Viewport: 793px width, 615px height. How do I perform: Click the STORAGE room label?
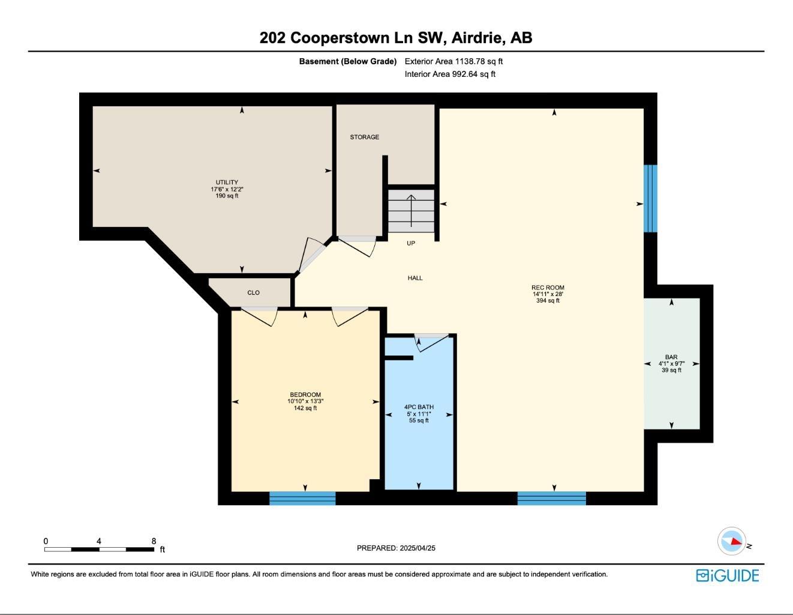click(364, 137)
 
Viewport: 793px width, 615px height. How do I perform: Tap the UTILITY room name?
click(227, 183)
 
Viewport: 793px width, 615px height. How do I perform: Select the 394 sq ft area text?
click(548, 301)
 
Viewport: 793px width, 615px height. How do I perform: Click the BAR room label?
click(671, 357)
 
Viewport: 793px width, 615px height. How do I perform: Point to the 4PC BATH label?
click(419, 407)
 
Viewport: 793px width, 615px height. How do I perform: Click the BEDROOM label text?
click(305, 395)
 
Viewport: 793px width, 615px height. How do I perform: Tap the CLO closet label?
click(253, 292)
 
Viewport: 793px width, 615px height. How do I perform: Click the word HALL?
click(415, 278)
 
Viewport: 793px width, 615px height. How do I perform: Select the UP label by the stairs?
click(411, 243)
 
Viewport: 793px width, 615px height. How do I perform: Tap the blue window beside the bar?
click(650, 198)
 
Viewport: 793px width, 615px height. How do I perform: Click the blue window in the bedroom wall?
click(302, 498)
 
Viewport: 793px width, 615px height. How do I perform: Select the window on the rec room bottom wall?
click(551, 498)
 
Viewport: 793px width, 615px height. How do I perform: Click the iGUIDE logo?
click(727, 575)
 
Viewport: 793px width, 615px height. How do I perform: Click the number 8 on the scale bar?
click(154, 541)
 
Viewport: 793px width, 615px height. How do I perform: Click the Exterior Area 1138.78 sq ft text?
click(453, 61)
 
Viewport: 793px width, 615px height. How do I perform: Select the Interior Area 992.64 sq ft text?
click(450, 74)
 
